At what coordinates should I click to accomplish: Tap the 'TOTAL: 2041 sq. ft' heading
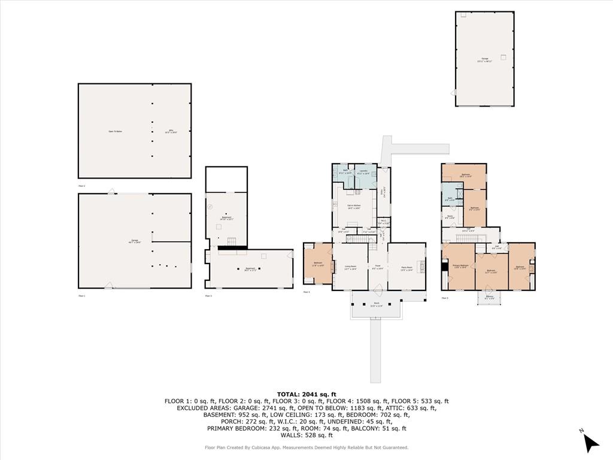click(x=306, y=394)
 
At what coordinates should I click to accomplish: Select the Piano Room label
click(x=407, y=270)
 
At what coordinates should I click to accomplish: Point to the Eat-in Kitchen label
click(x=354, y=207)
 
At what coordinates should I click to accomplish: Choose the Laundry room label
click(x=363, y=172)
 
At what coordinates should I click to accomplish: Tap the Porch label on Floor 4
click(x=377, y=305)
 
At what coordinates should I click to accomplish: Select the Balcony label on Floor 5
click(x=490, y=297)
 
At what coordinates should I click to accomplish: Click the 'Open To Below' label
click(x=115, y=131)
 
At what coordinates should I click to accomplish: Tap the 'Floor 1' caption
click(x=82, y=296)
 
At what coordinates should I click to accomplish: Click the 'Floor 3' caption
click(x=208, y=296)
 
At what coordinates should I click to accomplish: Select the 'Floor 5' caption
click(x=445, y=298)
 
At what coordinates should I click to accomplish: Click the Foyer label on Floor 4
click(x=377, y=267)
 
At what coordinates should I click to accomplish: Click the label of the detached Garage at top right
click(x=485, y=60)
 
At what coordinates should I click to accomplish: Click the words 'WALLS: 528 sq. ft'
click(x=306, y=435)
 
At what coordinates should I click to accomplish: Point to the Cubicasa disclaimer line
click(x=306, y=447)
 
